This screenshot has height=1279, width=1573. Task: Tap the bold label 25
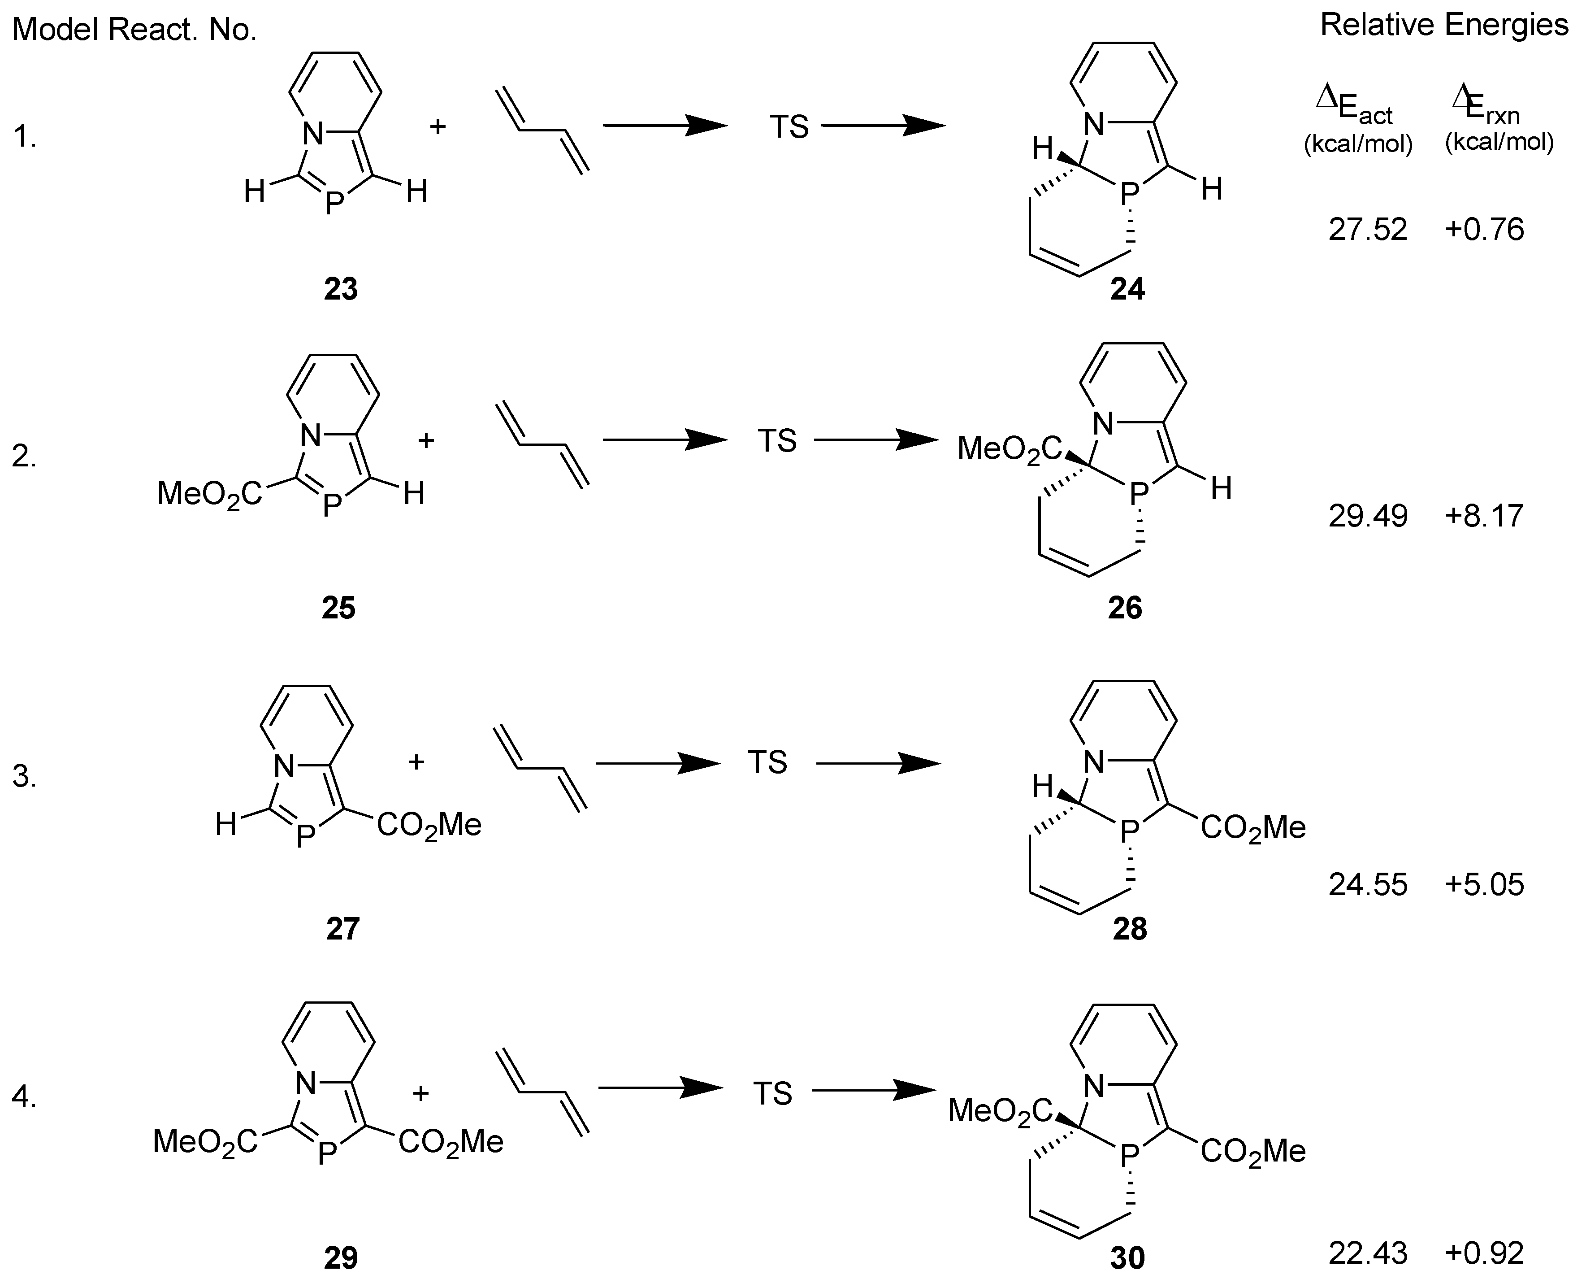(339, 608)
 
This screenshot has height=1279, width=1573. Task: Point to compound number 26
(1125, 608)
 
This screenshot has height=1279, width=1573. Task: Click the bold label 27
(342, 929)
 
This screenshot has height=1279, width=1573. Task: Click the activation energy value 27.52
(1368, 230)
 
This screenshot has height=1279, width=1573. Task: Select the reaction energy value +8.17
(1484, 516)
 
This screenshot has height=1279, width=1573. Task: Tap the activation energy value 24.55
(1368, 884)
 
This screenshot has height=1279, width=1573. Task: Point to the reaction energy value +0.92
(1484, 1253)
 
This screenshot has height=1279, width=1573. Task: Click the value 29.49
(1368, 516)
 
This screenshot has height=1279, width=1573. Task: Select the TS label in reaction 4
(772, 1093)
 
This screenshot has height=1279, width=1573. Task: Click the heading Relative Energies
(1443, 25)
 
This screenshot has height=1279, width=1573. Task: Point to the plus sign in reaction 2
(426, 440)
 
